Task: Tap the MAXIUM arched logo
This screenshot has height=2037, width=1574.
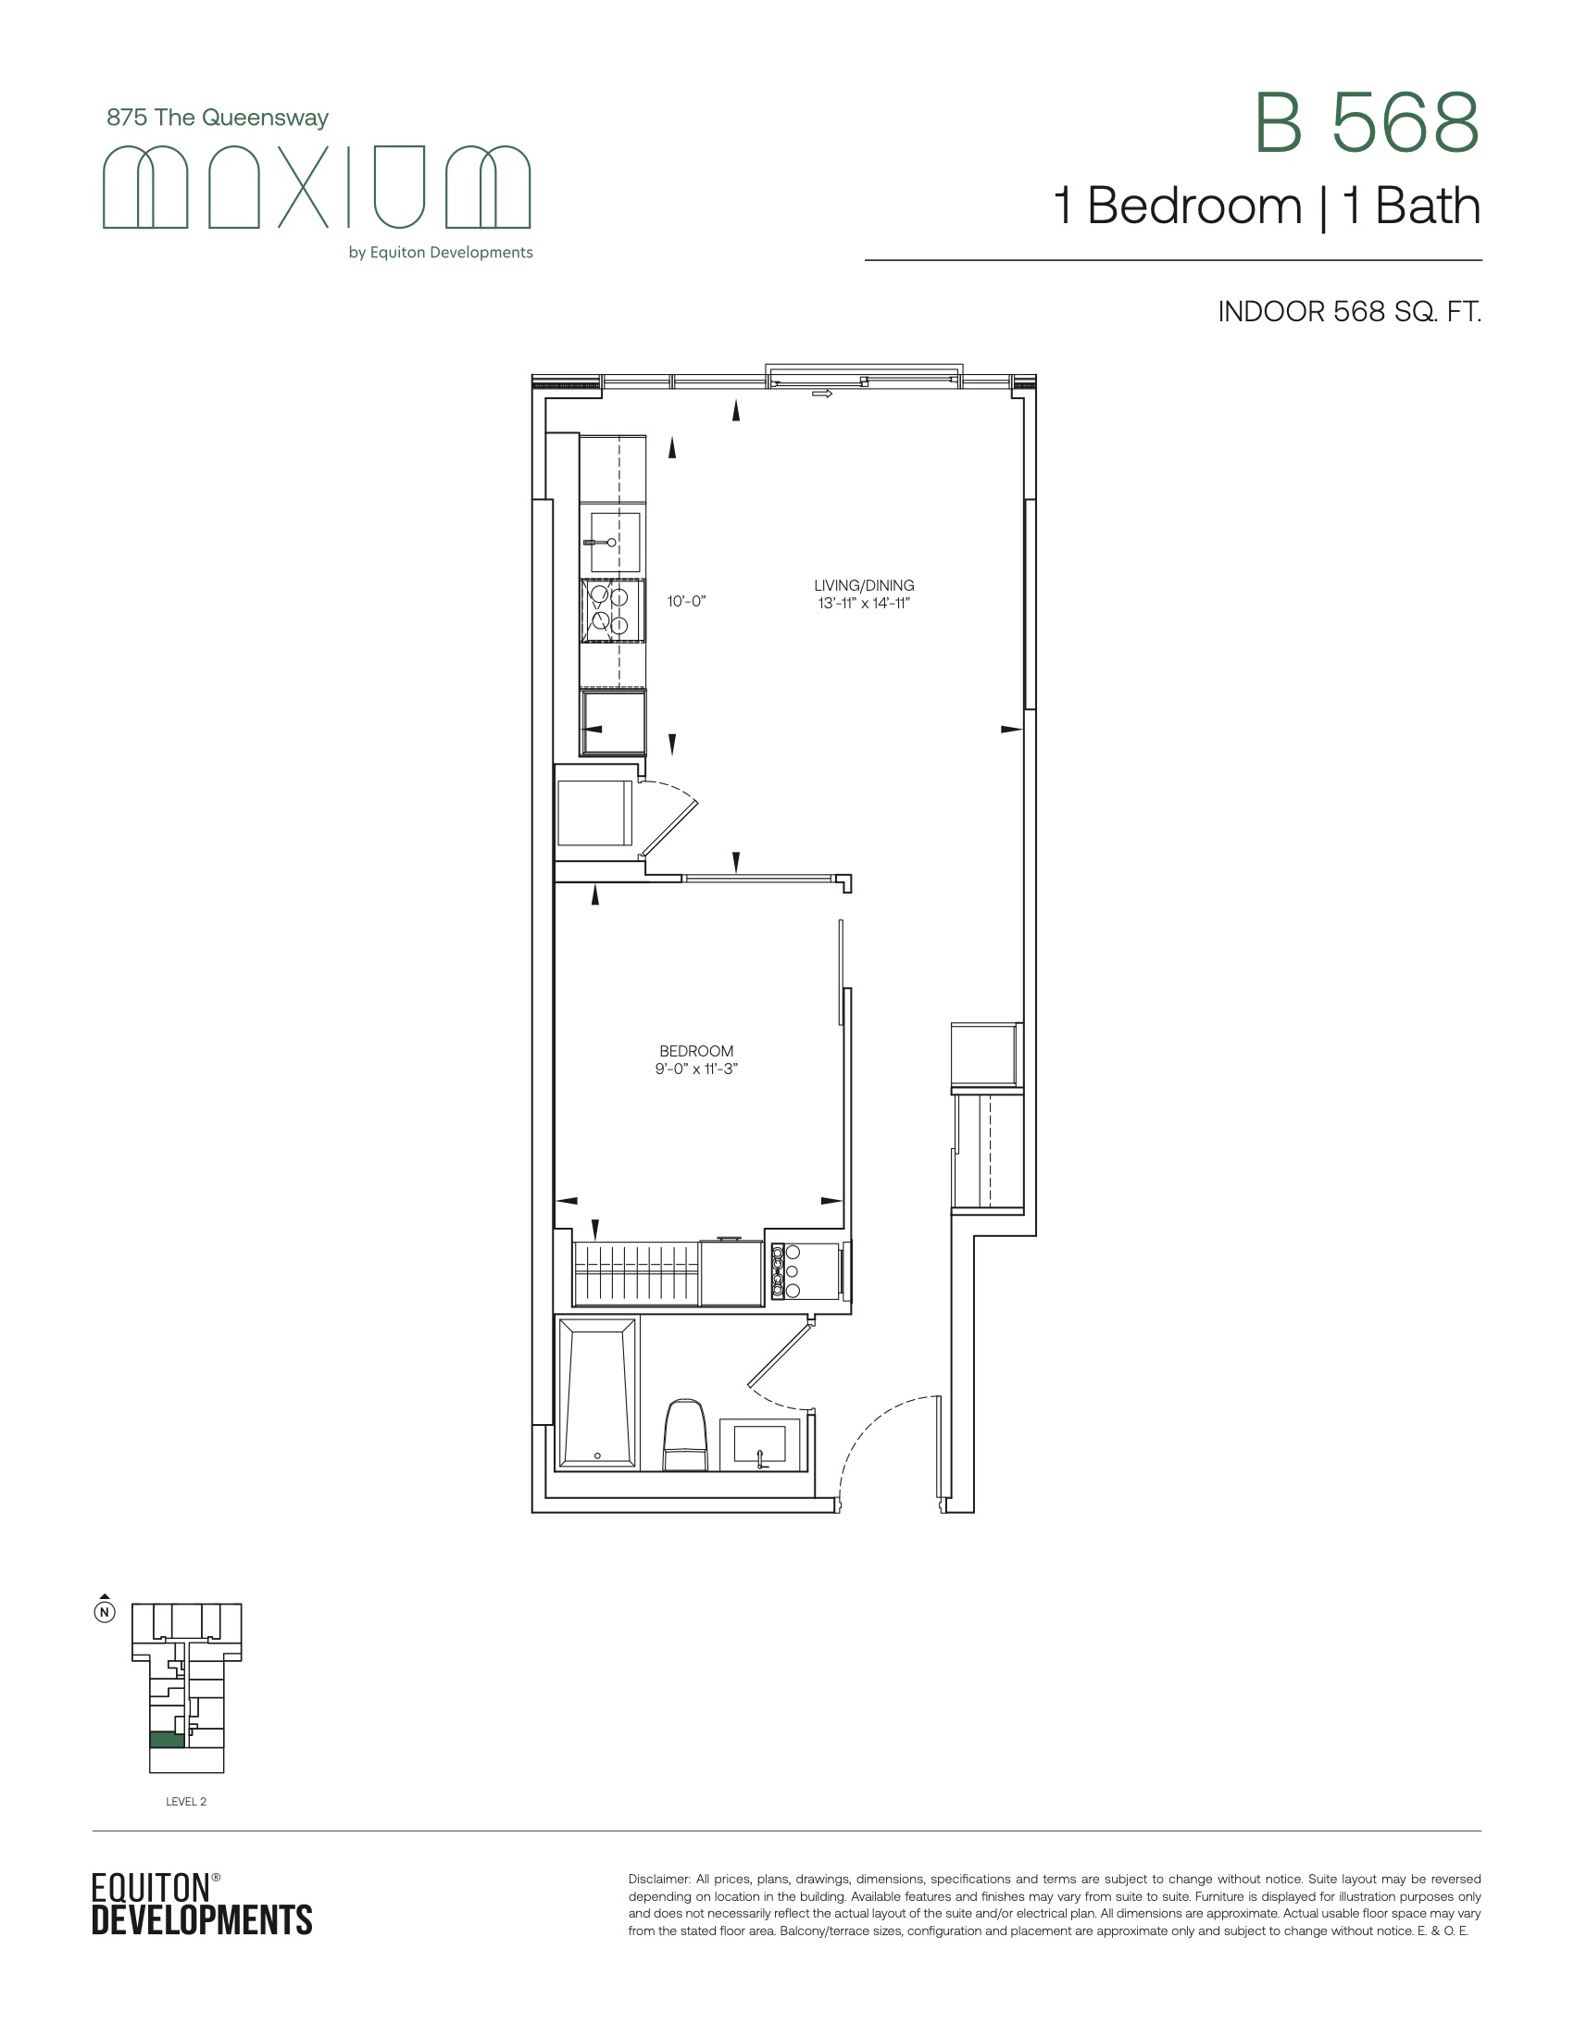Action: click(x=316, y=186)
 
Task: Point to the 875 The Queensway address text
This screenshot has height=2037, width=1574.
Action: click(x=218, y=118)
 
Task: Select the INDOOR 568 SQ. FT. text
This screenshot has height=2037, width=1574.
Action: click(x=1349, y=311)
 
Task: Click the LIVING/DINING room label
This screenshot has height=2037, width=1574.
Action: click(x=864, y=586)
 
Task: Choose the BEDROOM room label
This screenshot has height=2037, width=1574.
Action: click(x=695, y=1051)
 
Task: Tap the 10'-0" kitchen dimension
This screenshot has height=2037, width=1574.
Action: click(x=686, y=602)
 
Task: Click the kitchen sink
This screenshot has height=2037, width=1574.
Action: click(x=612, y=542)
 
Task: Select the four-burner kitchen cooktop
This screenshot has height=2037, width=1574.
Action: click(x=613, y=610)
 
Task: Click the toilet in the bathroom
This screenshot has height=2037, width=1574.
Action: click(x=685, y=1434)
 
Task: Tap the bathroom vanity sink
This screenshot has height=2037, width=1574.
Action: click(x=760, y=1444)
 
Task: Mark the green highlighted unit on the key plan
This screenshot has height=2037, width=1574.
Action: click(x=166, y=1740)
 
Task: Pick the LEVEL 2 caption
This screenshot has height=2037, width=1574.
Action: click(x=185, y=1801)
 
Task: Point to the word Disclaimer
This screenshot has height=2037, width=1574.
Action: click(x=658, y=1879)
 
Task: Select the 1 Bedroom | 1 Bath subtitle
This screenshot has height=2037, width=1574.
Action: click(x=1267, y=206)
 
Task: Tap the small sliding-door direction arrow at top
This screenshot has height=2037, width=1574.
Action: click(x=821, y=394)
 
